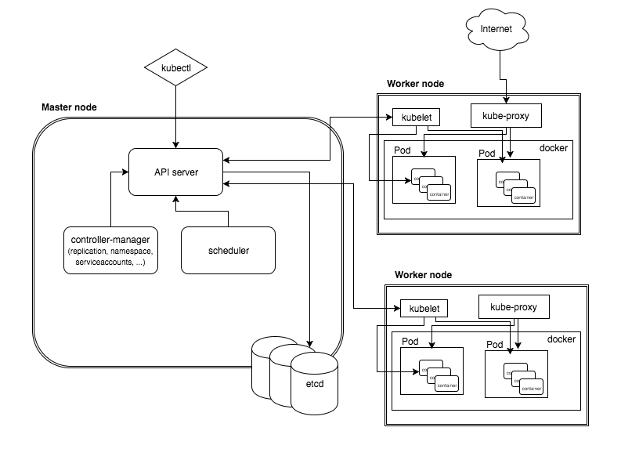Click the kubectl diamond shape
pyautogui.click(x=175, y=68)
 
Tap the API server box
pyautogui.click(x=175, y=171)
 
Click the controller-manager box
pyautogui.click(x=110, y=250)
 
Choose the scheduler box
pyautogui.click(x=228, y=251)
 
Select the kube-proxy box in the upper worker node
pyautogui.click(x=506, y=115)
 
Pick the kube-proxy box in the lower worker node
pyautogui.click(x=513, y=306)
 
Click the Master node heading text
pyautogui.click(x=69, y=107)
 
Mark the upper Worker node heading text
pyautogui.click(x=415, y=84)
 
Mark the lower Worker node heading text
pyautogui.click(x=423, y=275)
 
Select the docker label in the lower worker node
pyautogui.click(x=561, y=339)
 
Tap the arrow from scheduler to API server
pyautogui.click(x=201, y=211)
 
